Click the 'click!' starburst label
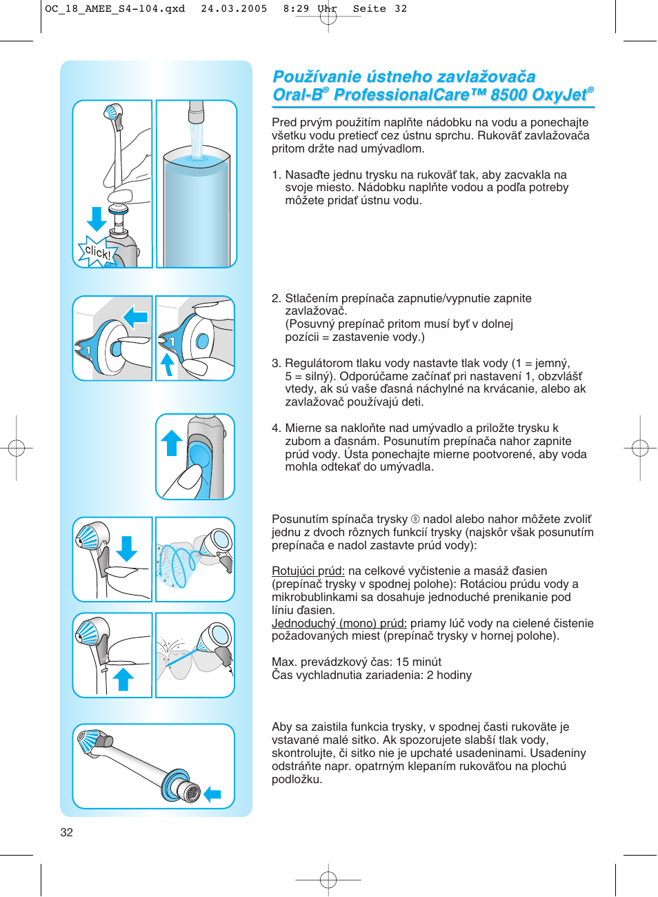coord(97,252)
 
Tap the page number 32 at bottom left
coord(66,832)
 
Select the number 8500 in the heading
coord(509,95)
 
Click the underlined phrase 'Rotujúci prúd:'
coord(308,571)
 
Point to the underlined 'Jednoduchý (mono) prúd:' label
coord(339,623)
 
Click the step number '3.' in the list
coord(276,363)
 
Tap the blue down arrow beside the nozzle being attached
coord(97,218)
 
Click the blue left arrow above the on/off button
coord(136,317)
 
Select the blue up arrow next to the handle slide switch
coord(172,442)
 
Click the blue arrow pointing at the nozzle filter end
coord(212,794)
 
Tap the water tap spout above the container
coord(197,111)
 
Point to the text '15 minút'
coord(419,662)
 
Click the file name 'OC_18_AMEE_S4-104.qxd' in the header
coord(114,9)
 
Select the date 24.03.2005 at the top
coord(234,9)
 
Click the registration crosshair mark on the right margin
coord(639,448)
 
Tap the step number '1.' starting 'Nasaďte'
coord(276,175)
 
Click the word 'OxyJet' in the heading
coord(559,95)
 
